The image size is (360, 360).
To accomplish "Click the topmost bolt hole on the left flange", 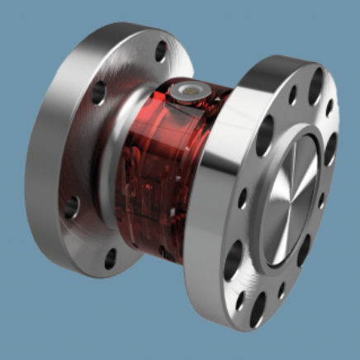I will click(160, 52).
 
